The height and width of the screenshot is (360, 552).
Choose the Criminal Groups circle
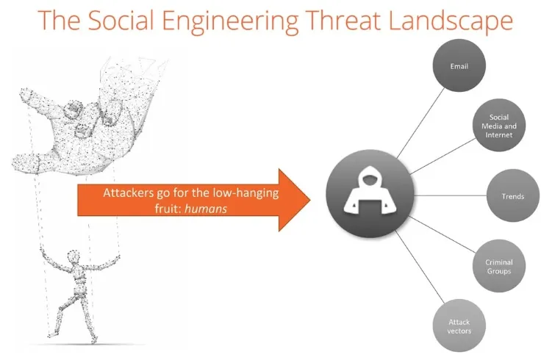(499, 267)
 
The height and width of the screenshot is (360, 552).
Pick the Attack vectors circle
(459, 325)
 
